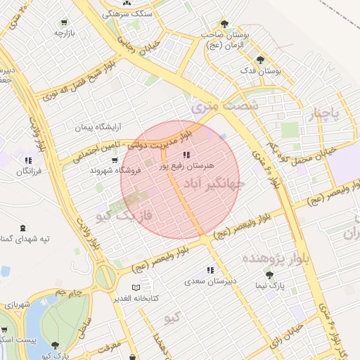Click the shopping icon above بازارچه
65,22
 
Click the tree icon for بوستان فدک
261,60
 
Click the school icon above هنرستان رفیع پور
186,155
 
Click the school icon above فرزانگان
28,160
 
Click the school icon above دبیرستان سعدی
210,270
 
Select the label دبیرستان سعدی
210,281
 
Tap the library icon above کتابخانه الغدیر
136,287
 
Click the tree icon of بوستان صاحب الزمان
224,23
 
